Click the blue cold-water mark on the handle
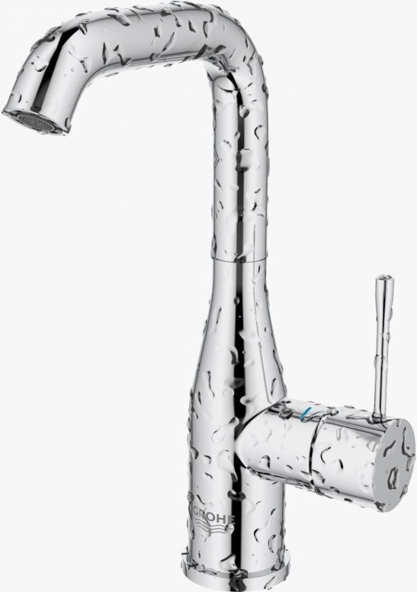305,415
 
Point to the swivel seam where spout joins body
241,260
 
